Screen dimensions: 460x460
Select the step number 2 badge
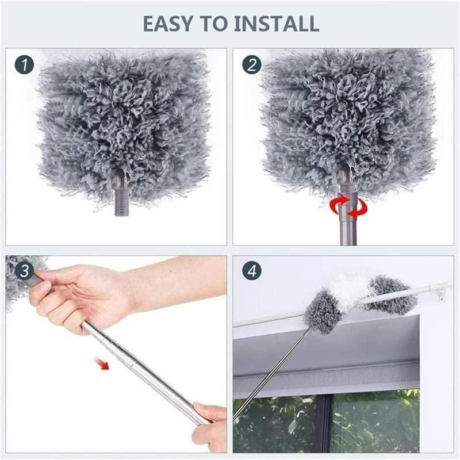point(251,65)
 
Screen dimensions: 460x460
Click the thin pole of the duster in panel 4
point(270,368)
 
